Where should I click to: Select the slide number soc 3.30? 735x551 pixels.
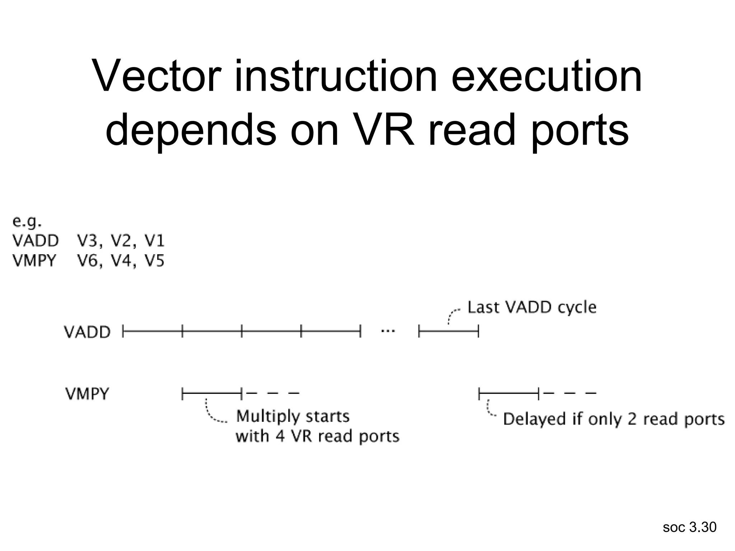click(689, 527)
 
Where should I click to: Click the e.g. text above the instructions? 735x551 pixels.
click(27, 222)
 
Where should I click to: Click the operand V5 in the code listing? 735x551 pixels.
click(154, 261)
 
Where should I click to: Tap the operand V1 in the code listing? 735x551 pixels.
click(154, 241)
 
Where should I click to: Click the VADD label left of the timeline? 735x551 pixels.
click(87, 332)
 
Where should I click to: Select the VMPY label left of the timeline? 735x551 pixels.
click(87, 394)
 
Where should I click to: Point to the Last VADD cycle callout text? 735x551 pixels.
click(532, 307)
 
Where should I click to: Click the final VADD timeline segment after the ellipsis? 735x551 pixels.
click(449, 331)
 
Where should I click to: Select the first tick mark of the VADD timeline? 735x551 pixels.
click(123, 331)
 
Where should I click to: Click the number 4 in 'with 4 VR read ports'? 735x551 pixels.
click(280, 436)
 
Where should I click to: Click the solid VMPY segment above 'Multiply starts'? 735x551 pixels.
click(212, 394)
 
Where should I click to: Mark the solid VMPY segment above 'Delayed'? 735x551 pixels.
click(509, 394)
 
